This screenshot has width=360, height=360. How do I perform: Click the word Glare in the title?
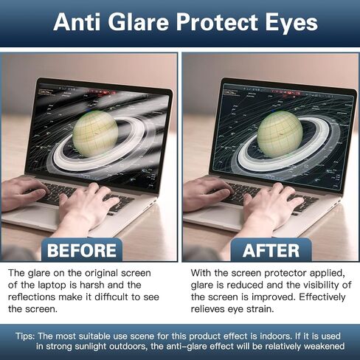point(138,22)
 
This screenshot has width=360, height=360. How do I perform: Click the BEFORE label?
point(82,251)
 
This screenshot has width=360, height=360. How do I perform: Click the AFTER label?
point(271,251)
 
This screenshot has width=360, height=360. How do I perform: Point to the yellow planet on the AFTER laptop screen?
point(280,134)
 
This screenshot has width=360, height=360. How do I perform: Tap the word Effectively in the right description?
point(322,297)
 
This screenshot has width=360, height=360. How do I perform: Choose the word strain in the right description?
point(260,309)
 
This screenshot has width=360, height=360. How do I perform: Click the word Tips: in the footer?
point(25,336)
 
